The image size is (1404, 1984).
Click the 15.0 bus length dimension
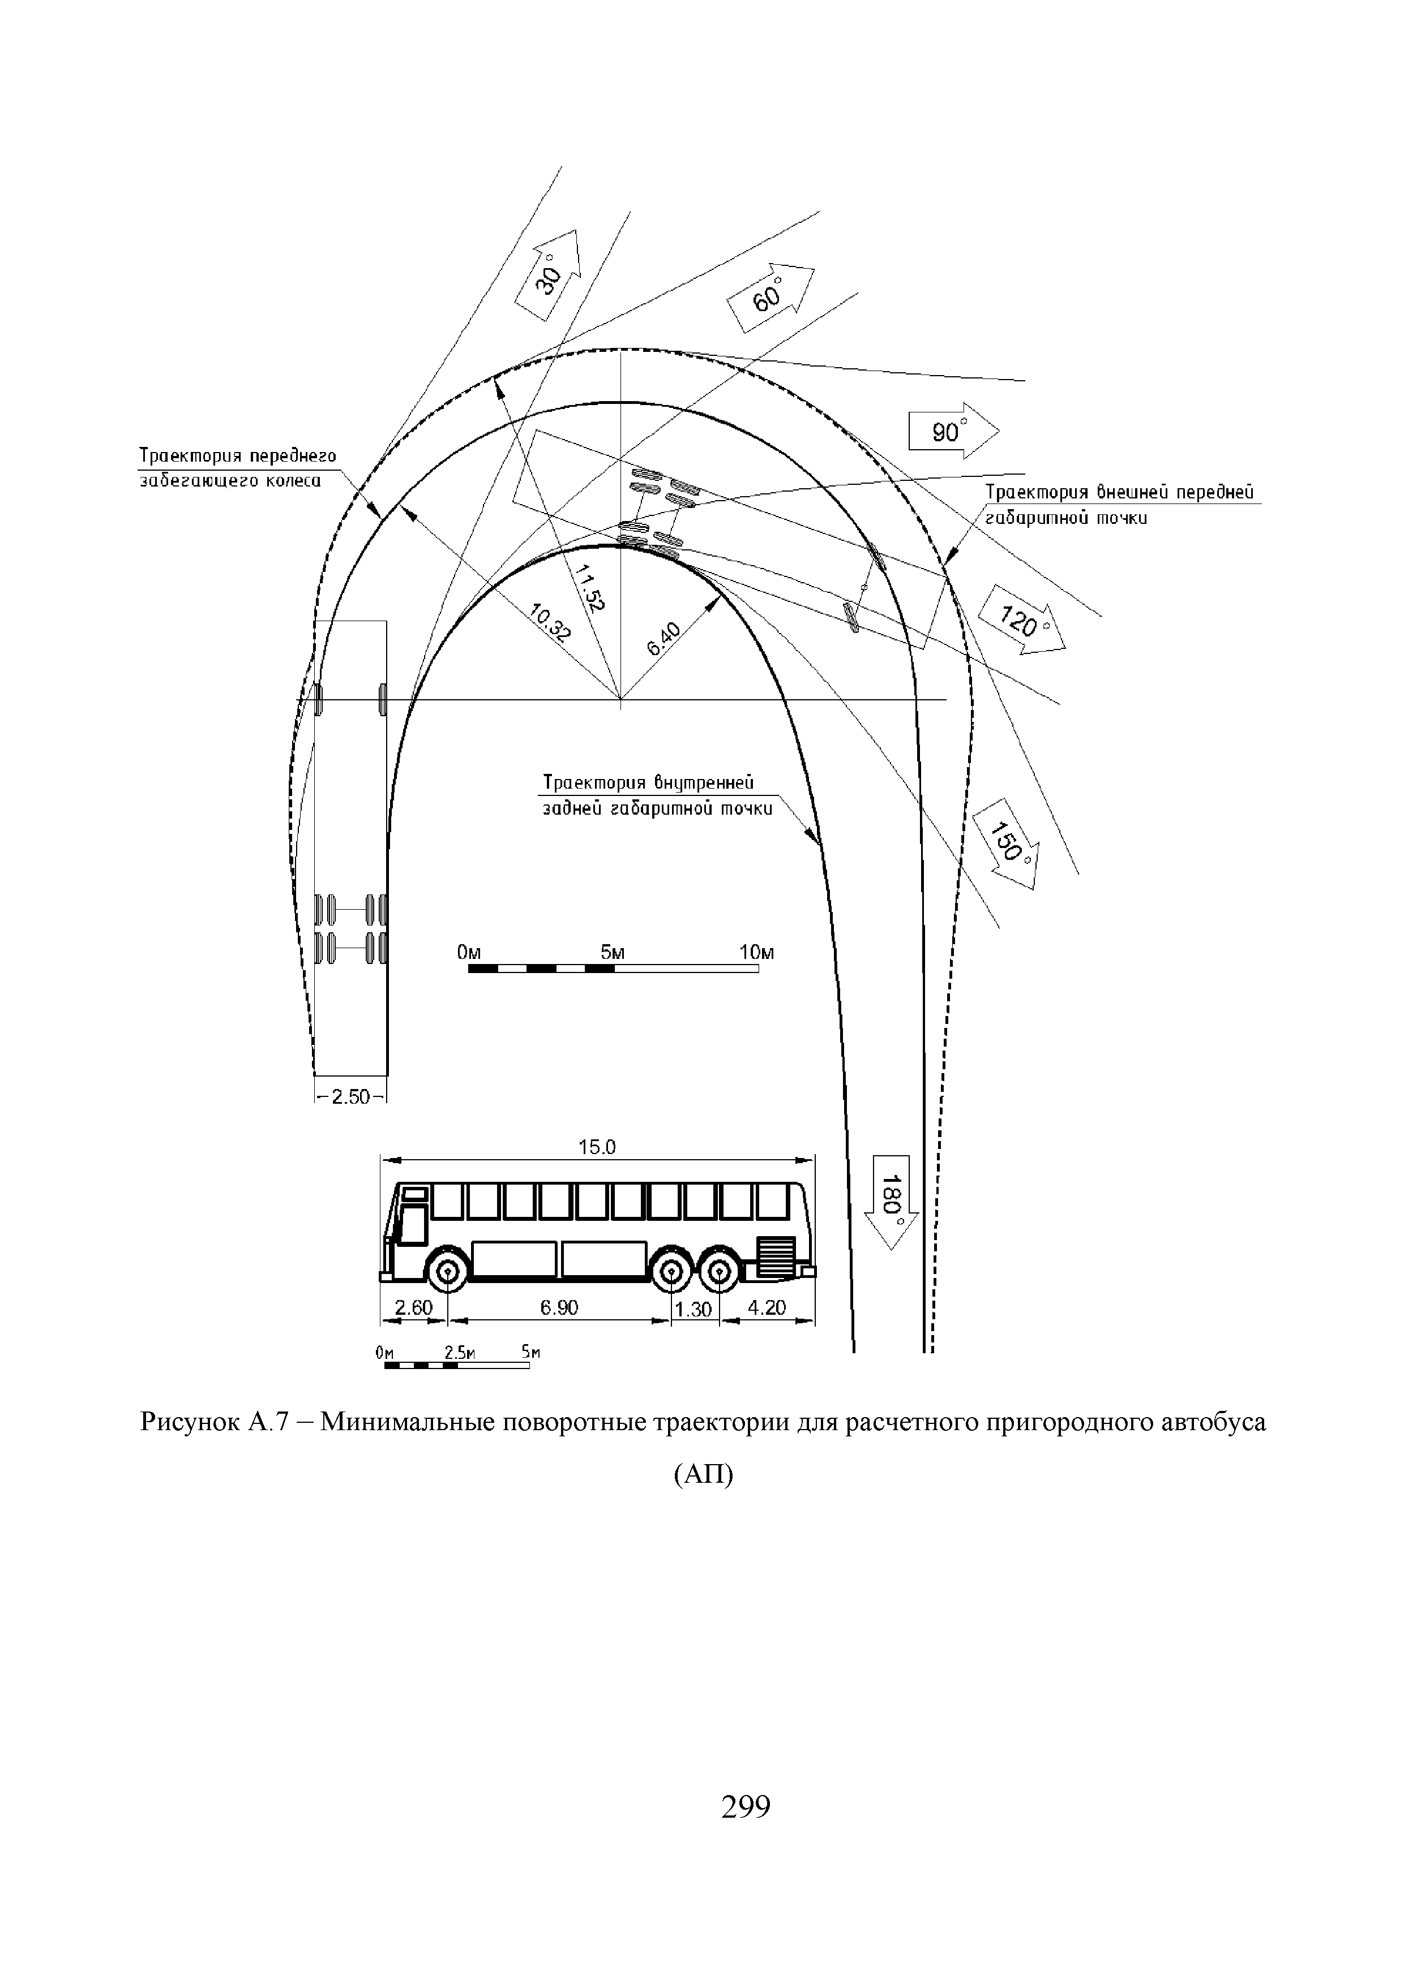597,1147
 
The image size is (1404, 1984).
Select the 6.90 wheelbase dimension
559,1307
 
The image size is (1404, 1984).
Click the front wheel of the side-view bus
448,1271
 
